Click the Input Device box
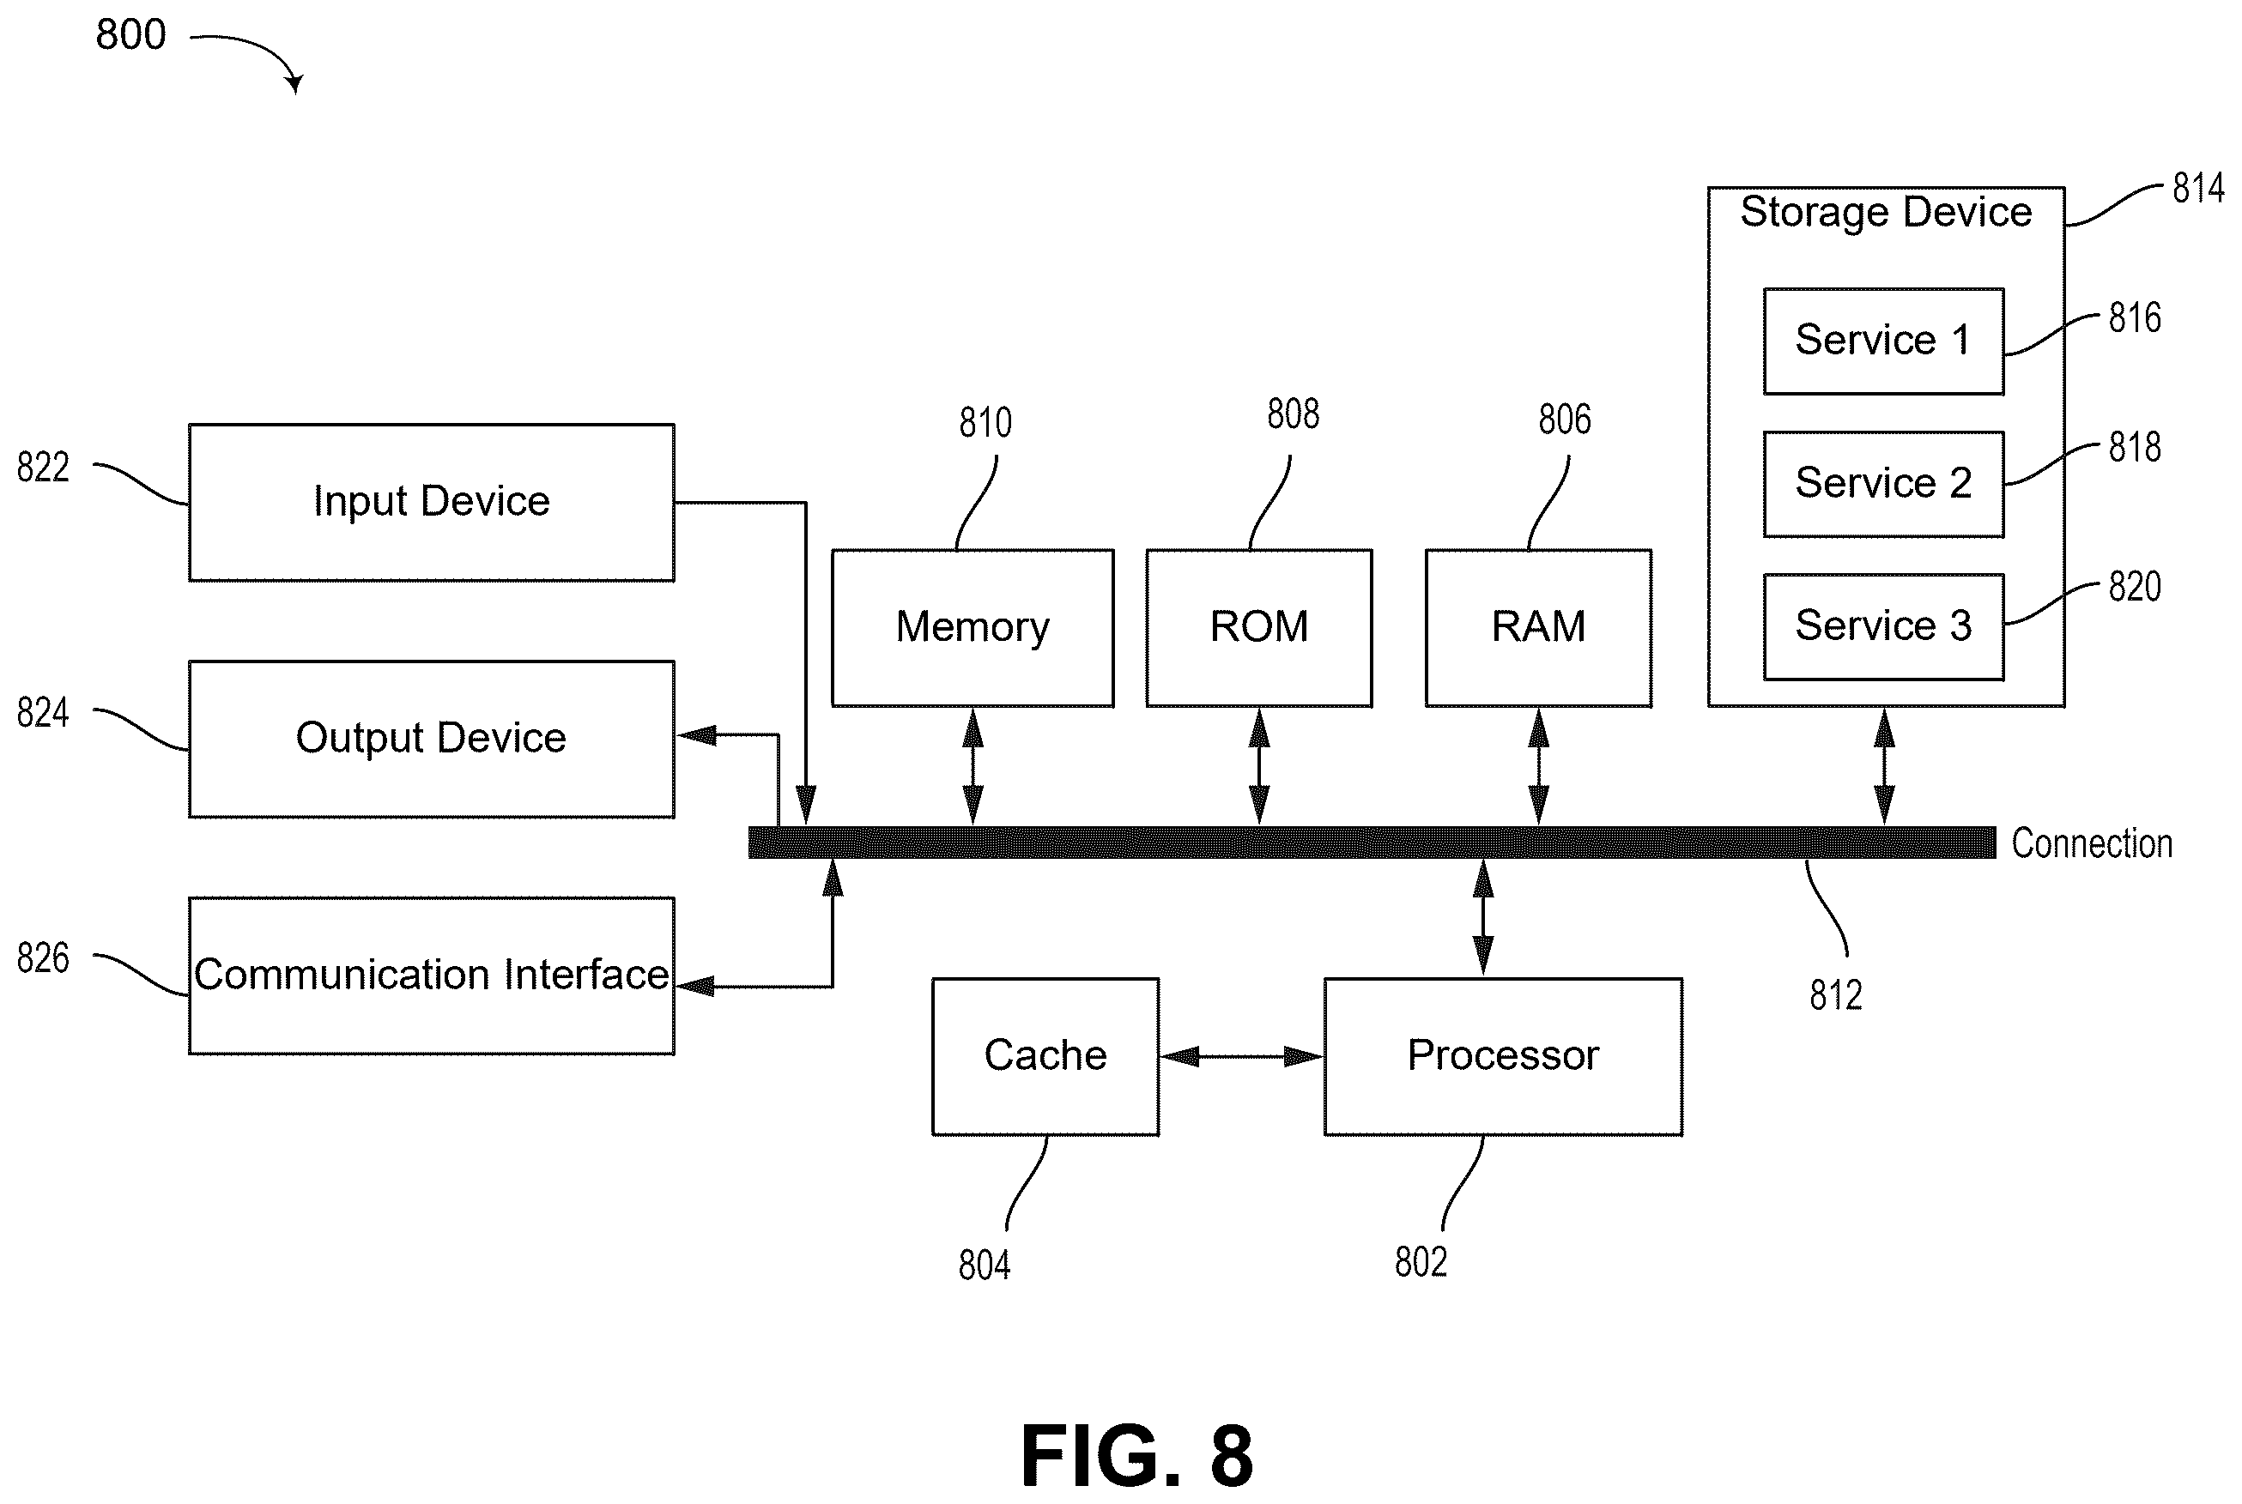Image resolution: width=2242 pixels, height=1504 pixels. click(x=431, y=503)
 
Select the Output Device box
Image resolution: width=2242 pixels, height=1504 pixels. click(x=431, y=739)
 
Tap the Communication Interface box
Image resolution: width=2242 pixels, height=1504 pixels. click(x=431, y=975)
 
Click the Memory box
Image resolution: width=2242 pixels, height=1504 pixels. click(x=972, y=628)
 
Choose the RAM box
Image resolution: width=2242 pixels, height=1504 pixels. click(x=1538, y=628)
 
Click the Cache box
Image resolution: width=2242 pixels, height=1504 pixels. click(x=1045, y=1056)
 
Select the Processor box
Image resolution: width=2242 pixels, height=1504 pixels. click(x=1502, y=1056)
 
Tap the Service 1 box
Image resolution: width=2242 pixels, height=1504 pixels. click(x=1883, y=341)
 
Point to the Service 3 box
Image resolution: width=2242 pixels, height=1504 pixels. click(x=1883, y=626)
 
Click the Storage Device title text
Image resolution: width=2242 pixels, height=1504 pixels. click(x=1885, y=213)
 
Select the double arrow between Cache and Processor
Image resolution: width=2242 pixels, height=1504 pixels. click(x=1241, y=1056)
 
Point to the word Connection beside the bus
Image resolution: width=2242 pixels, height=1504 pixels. click(x=2092, y=843)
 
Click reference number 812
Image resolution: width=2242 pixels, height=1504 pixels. click(x=1835, y=994)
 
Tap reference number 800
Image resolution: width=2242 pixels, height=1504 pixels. click(x=130, y=34)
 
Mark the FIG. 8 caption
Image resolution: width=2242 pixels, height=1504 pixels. click(x=1136, y=1455)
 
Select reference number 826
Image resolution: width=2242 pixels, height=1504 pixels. click(x=43, y=957)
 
